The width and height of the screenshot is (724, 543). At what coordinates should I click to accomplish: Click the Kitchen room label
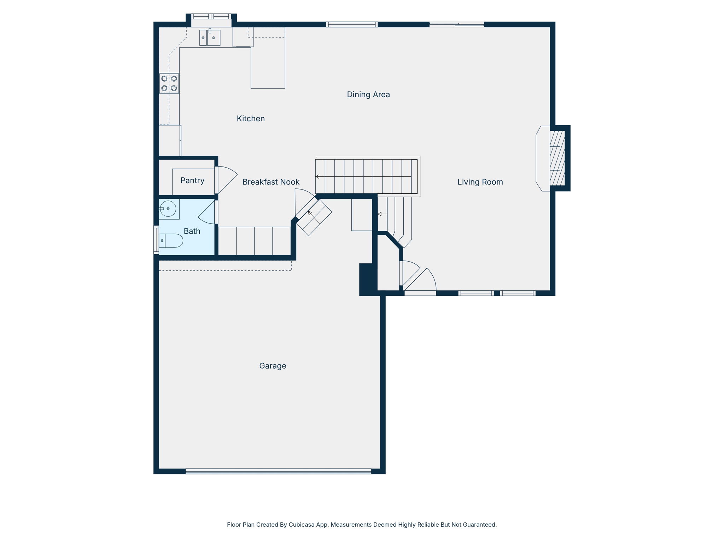coord(251,118)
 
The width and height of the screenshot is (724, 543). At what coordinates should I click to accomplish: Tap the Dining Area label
coord(368,94)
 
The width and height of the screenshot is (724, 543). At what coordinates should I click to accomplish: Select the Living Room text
coord(480,182)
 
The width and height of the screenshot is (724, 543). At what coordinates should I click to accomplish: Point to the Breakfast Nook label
coord(271,182)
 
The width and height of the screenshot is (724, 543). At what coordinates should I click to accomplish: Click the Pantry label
coord(192,181)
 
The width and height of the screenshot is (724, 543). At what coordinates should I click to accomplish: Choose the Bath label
coord(192,231)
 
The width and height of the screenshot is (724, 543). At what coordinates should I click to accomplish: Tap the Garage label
coord(273,366)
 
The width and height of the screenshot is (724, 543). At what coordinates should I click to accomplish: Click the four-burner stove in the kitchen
coord(169,83)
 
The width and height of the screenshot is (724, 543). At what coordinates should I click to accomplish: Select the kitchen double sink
coord(210,37)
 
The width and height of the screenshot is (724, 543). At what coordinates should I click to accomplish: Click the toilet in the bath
coord(171,240)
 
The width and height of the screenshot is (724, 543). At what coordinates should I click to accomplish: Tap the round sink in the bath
coord(168,209)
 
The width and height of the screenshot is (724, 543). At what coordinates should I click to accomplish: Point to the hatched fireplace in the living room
coord(557,158)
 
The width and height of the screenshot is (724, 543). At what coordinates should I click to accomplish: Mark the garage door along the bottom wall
coord(279,471)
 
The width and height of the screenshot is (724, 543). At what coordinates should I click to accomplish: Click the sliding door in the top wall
coord(457,24)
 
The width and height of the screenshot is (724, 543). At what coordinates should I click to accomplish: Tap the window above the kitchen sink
coord(211,16)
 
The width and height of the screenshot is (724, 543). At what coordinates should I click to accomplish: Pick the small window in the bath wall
coord(156,240)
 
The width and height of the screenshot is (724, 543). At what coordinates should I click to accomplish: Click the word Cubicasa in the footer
coord(302,525)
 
